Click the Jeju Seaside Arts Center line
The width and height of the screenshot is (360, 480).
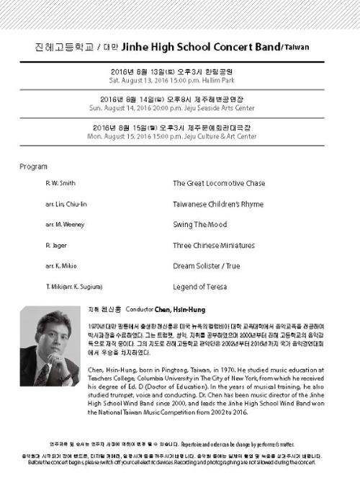[x=180, y=108]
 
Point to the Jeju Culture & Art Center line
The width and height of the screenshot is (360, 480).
[x=180, y=135]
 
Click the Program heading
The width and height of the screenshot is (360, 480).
[x=33, y=166]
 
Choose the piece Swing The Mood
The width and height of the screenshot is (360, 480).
[x=199, y=225]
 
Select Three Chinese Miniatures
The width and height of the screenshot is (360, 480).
[x=212, y=246]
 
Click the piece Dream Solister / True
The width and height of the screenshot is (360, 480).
[x=206, y=266]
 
